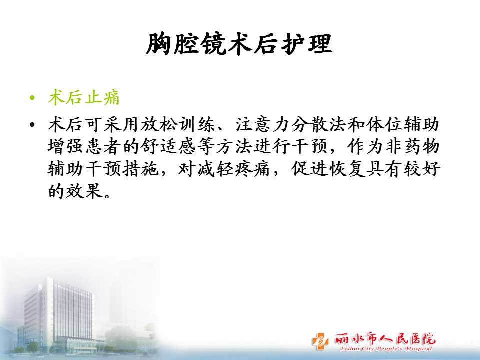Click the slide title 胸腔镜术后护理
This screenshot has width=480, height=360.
click(x=239, y=44)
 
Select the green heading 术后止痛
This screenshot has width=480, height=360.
click(x=84, y=98)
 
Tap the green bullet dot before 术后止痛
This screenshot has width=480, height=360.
click(x=32, y=98)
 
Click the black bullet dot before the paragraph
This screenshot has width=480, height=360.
click(x=32, y=125)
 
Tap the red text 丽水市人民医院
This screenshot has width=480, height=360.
click(x=385, y=339)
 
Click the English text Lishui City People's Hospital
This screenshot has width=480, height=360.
click(x=386, y=349)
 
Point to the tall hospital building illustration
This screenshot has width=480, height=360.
click(x=58, y=315)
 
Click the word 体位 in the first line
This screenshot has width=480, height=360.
click(x=385, y=125)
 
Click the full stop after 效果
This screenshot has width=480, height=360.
click(x=107, y=196)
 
